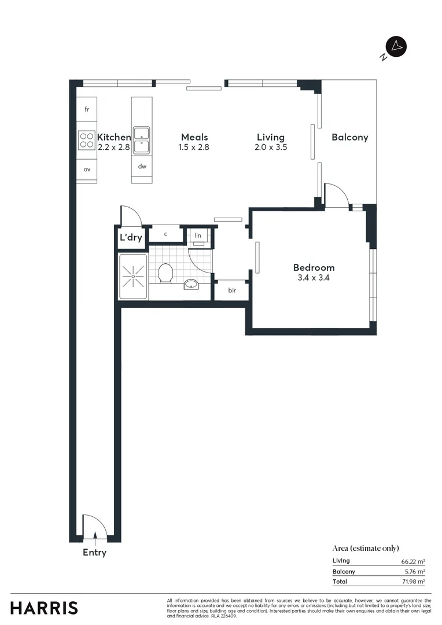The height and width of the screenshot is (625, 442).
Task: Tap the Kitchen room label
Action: coord(114,137)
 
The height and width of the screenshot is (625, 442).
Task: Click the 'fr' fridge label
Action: coord(87,109)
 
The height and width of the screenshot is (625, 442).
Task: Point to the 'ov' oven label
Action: coord(87,170)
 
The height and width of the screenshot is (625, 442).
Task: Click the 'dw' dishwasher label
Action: coord(142,167)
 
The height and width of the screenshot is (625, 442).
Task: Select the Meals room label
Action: coord(194,137)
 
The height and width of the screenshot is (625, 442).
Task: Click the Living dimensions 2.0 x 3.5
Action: coord(271,148)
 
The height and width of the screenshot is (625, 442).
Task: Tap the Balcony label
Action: coord(349,137)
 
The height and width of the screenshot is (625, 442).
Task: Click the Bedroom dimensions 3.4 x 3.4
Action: coord(314,278)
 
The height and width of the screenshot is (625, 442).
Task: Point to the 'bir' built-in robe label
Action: coord(231,291)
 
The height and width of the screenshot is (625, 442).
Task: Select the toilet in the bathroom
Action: coord(165,273)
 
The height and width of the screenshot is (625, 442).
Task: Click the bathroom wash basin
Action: coord(191,284)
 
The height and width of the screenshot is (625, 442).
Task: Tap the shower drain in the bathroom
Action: coord(133,277)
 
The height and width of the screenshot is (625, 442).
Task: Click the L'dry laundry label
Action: coord(131,237)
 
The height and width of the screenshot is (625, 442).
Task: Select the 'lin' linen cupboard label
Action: coord(198,236)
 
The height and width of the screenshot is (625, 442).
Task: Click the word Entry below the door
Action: coord(94,553)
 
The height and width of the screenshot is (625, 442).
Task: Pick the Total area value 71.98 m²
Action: coord(413,582)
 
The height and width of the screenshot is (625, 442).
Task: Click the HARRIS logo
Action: coord(44,608)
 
